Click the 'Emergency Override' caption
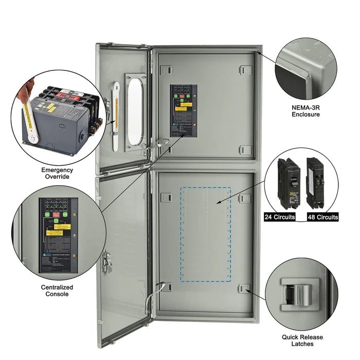tap(57, 173)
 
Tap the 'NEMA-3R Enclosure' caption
tap(305, 111)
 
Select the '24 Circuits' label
tap(280, 217)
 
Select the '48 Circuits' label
tap(323, 217)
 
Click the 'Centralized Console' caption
tap(57, 291)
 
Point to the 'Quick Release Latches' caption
tap(302, 340)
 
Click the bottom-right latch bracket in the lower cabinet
tap(245, 289)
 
